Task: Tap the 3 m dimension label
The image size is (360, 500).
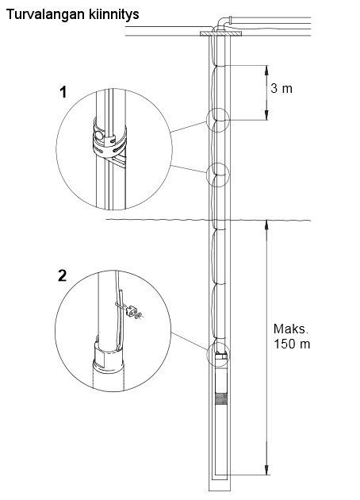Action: tap(281, 88)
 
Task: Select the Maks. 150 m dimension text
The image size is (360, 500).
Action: tap(292, 337)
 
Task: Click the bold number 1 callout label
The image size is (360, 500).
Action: tap(63, 92)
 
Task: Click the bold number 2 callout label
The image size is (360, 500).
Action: tap(63, 275)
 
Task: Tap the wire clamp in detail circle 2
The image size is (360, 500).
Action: tap(132, 310)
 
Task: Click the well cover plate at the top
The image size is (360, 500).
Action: tap(220, 33)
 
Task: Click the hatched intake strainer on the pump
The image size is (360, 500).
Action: tap(221, 398)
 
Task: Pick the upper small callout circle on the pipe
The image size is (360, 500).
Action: tap(218, 120)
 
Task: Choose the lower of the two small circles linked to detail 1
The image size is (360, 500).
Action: tap(218, 174)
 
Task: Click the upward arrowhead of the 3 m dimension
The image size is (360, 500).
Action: tap(266, 69)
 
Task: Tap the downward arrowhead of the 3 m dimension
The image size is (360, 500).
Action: tap(266, 116)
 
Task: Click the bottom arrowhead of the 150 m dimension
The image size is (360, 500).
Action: tap(266, 470)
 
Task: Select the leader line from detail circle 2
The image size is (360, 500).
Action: tap(189, 341)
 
